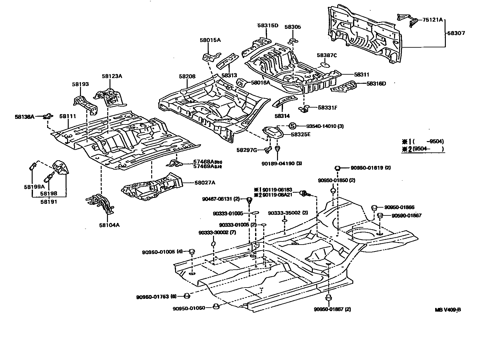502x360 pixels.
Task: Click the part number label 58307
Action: click(x=456, y=33)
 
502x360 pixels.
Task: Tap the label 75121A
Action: click(x=432, y=20)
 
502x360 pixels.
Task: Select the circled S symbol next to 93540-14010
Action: click(x=292, y=126)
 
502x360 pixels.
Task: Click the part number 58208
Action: click(x=187, y=76)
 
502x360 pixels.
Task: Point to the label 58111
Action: click(x=68, y=116)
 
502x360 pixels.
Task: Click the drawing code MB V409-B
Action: click(x=448, y=310)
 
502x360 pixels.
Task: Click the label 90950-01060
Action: click(x=189, y=308)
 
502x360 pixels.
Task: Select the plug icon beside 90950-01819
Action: click(x=338, y=168)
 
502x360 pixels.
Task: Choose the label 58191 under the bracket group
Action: click(x=49, y=202)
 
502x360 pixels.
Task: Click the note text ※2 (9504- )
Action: click(x=423, y=149)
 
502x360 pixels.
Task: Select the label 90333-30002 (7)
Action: click(x=217, y=232)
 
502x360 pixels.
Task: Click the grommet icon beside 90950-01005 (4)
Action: click(x=192, y=251)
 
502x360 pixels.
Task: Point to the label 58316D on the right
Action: click(x=376, y=83)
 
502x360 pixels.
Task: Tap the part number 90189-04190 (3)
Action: click(x=282, y=163)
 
